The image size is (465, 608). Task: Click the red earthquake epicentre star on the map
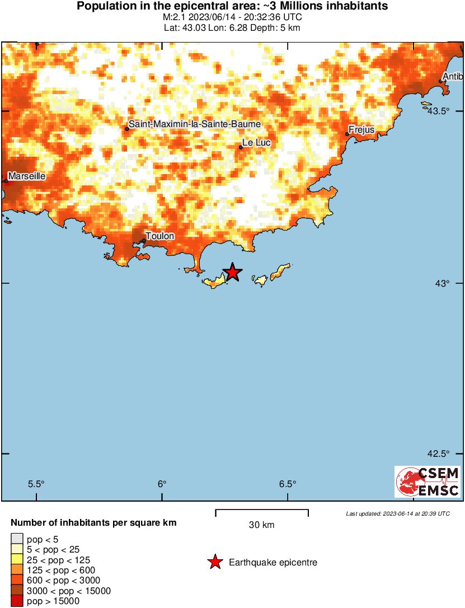coord(232,273)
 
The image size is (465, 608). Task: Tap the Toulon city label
coord(159,236)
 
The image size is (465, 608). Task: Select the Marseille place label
coord(26,176)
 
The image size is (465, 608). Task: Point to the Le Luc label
coord(257,143)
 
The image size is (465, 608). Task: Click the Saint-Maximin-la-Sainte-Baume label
coord(195,124)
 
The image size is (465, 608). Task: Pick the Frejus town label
coord(361,130)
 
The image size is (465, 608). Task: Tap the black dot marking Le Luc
coord(241,147)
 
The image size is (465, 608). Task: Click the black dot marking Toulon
coord(144,241)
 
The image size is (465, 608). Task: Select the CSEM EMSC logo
coord(428,481)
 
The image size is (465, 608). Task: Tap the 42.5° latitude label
coord(439,453)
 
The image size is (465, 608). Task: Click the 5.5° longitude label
coord(36,484)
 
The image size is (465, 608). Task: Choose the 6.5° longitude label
coord(287,484)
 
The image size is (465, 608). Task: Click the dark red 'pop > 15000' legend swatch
coord(17,601)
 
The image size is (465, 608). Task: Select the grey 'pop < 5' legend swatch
coord(17,540)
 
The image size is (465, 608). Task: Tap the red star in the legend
coord(215,562)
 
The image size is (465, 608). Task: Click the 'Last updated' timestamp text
coord(397,513)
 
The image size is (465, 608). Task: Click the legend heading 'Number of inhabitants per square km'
coord(94,523)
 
